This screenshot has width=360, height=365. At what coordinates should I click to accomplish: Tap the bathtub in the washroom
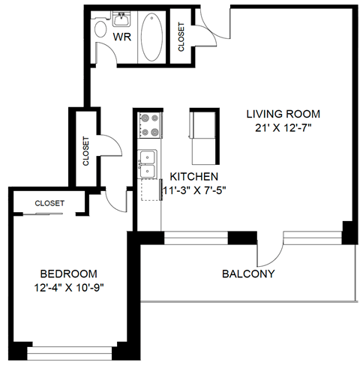149,37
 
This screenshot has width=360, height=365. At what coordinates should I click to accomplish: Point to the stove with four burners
149,124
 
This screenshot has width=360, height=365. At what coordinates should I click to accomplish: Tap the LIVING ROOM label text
283,115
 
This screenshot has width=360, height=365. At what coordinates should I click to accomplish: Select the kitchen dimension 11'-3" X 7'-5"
195,190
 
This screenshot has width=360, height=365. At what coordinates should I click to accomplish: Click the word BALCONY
248,274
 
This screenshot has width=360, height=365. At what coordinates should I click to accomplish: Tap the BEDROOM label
68,274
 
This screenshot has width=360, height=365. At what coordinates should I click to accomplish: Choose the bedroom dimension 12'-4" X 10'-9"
68,288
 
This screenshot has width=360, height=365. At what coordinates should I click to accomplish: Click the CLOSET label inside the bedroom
49,204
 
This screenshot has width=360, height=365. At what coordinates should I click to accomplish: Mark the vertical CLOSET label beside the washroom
181,37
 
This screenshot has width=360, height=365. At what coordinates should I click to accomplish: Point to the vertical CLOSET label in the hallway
86,150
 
